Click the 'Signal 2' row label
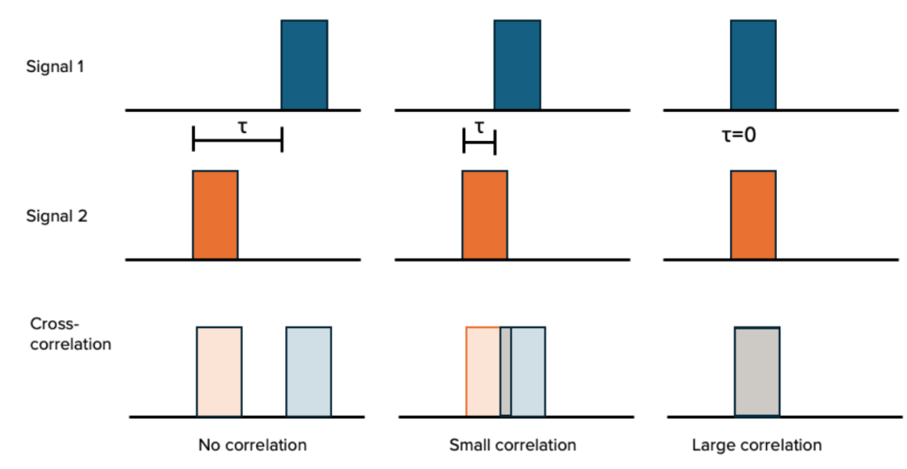[56, 215]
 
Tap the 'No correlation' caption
[252, 444]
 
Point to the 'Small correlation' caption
[512, 444]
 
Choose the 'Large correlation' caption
[756, 444]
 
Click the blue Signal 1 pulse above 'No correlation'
[304, 64]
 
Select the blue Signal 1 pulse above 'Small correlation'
[516, 64]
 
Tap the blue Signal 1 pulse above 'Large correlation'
[753, 64]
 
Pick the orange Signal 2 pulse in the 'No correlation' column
[215, 215]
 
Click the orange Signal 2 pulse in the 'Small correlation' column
[485, 215]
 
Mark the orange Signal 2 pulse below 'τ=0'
[753, 215]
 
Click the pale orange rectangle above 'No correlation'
[219, 371]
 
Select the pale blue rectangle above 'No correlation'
[308, 371]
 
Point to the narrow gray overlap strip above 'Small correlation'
[506, 371]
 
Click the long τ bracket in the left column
[237, 140]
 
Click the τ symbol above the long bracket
[243, 125]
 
